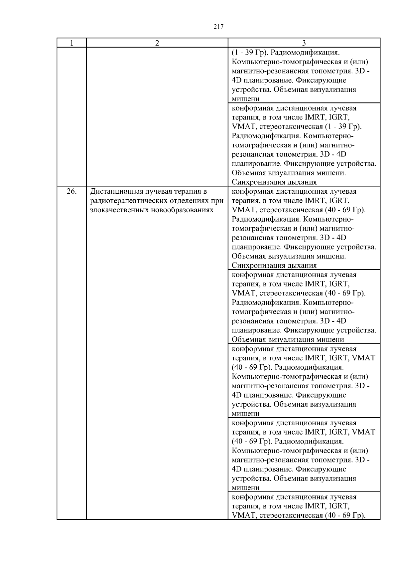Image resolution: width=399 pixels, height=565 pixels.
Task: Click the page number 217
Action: point(218,27)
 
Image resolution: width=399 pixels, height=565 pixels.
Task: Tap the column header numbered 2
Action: point(157,43)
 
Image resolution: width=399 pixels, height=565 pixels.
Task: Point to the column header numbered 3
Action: point(304,43)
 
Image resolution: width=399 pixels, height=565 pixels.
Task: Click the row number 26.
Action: point(72,191)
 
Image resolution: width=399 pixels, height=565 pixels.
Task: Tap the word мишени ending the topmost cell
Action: point(245,99)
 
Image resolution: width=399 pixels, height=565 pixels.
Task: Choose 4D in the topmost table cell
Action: point(236,81)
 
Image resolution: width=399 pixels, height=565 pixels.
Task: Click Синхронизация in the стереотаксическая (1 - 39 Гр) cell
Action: point(254,182)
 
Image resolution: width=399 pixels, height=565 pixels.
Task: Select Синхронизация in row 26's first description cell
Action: point(254,266)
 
